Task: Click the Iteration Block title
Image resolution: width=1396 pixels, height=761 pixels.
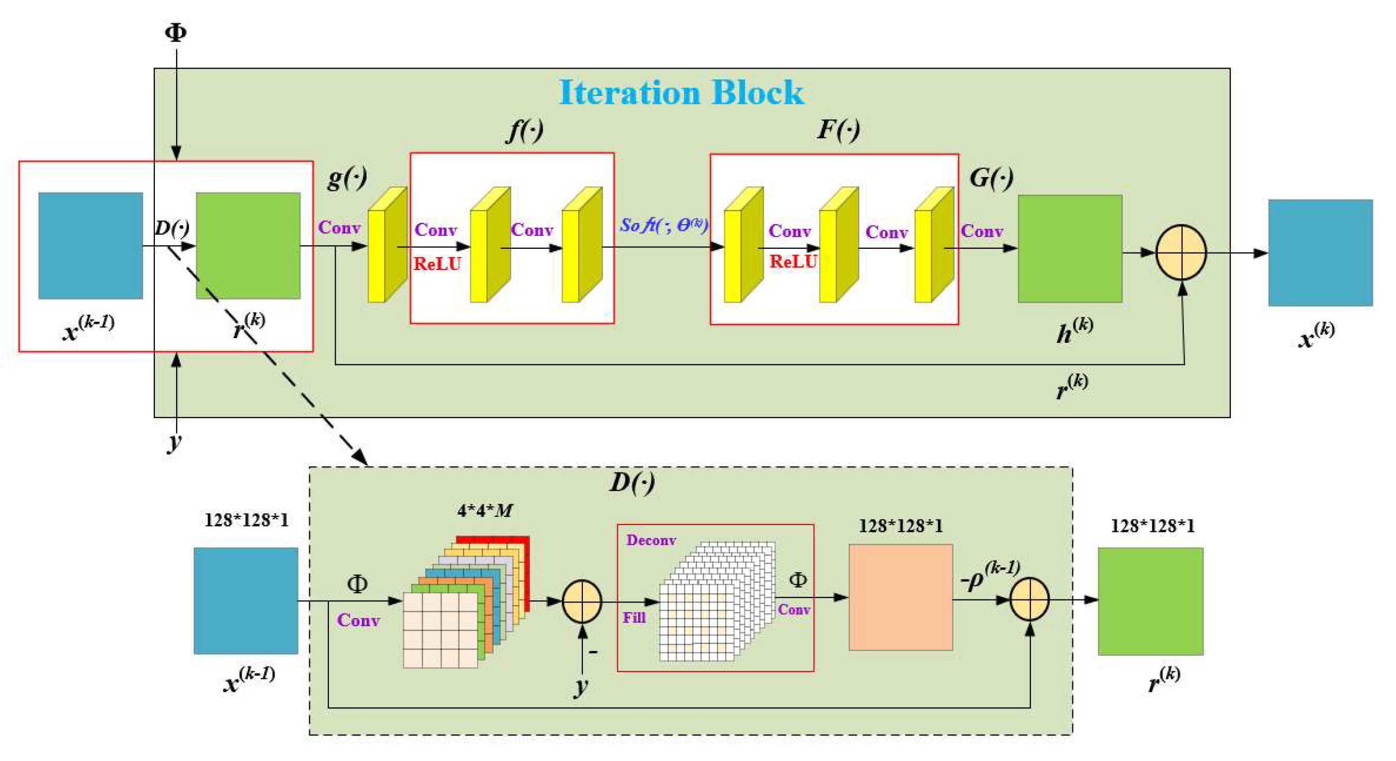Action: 681,92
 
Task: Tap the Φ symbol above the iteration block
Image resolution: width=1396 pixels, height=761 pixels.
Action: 176,33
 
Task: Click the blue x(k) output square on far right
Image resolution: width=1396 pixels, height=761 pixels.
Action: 1320,252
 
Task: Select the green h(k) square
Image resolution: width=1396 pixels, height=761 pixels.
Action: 1070,248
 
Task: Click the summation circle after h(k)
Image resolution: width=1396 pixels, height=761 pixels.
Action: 1181,252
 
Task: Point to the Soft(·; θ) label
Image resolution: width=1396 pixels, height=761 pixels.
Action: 663,225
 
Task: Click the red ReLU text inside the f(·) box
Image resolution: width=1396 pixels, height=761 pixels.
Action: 437,264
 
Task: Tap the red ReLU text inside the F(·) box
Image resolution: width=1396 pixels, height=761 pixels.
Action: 793,262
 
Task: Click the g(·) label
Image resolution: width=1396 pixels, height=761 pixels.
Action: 347,178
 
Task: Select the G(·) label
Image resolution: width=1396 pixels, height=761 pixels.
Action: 991,178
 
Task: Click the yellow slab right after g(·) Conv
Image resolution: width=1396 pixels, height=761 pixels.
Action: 386,245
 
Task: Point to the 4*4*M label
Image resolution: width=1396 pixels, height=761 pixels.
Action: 484,511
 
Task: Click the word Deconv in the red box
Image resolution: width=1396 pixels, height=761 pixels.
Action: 651,541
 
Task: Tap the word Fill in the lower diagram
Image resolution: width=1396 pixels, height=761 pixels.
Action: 633,618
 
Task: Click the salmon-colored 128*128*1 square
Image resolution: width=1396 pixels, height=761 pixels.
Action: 900,597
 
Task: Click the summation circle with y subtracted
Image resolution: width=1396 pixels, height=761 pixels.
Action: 582,601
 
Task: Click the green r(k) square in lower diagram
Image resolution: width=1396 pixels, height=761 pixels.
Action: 1150,601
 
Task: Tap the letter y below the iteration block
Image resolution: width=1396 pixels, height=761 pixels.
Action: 174,442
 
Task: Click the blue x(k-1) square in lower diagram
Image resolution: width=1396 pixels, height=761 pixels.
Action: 246,600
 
